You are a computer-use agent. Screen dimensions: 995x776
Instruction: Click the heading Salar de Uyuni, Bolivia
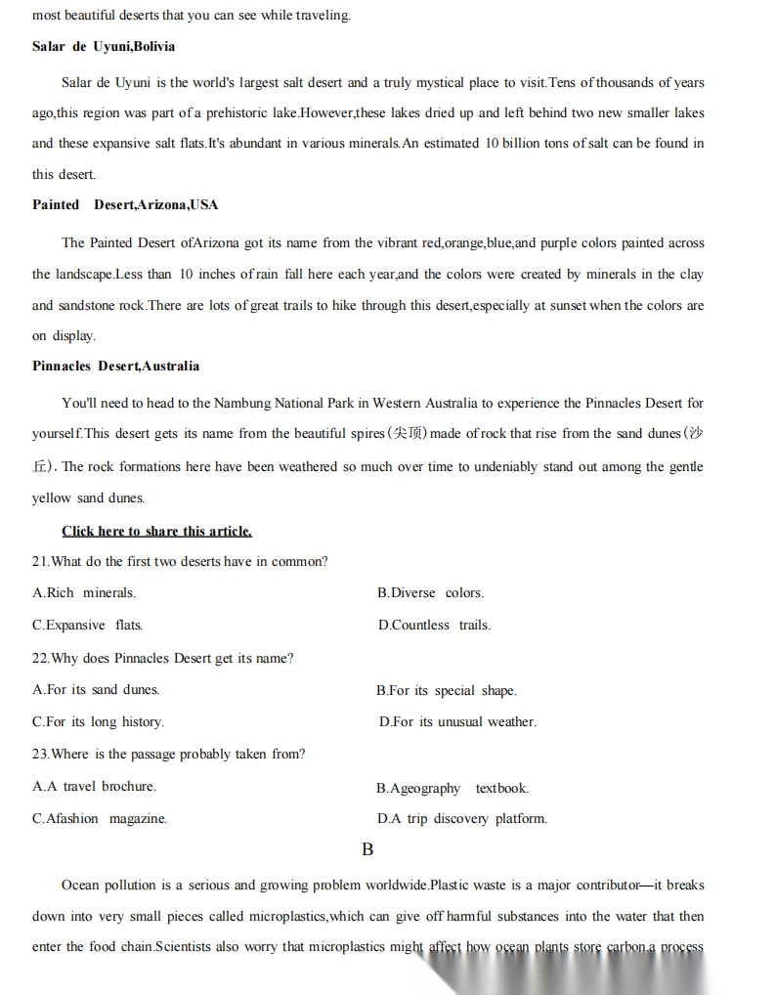(104, 47)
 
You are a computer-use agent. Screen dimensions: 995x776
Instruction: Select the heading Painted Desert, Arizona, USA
(125, 204)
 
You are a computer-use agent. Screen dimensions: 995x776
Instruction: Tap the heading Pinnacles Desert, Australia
(115, 366)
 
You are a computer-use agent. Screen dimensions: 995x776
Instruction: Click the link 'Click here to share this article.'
(156, 531)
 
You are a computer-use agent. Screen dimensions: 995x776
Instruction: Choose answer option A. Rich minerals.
(84, 592)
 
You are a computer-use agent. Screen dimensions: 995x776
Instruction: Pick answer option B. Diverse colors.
(430, 592)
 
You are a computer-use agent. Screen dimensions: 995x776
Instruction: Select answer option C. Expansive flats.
(87, 625)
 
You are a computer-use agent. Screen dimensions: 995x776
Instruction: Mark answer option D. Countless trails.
(434, 625)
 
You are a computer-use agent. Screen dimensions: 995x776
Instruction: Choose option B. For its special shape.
(447, 690)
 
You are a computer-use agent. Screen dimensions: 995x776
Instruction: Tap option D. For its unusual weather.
(457, 721)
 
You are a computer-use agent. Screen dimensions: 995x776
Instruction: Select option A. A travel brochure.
(94, 786)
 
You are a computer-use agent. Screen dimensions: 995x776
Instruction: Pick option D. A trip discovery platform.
(462, 818)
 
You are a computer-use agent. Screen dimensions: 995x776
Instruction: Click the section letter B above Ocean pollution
(367, 849)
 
